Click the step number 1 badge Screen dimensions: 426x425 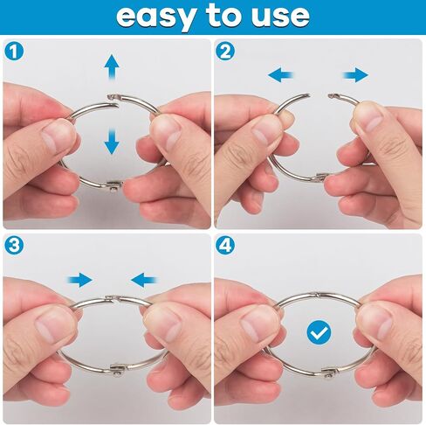pos(14,52)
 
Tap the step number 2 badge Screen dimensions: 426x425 pos(225,52)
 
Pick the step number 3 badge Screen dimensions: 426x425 pos(14,245)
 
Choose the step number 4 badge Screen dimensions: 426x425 pos(225,245)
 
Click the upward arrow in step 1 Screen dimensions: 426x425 pos(112,67)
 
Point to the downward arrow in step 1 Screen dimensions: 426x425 pos(112,142)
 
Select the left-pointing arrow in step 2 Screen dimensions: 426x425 pos(281,75)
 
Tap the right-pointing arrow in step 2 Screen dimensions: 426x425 pos(355,75)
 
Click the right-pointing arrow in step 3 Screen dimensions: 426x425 pos(80,280)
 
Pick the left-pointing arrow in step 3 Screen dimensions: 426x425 pos(144,280)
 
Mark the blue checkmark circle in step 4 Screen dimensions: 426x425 pos(319,332)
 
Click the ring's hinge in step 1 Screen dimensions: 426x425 pos(115,185)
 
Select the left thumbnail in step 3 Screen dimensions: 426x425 pos(52,326)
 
